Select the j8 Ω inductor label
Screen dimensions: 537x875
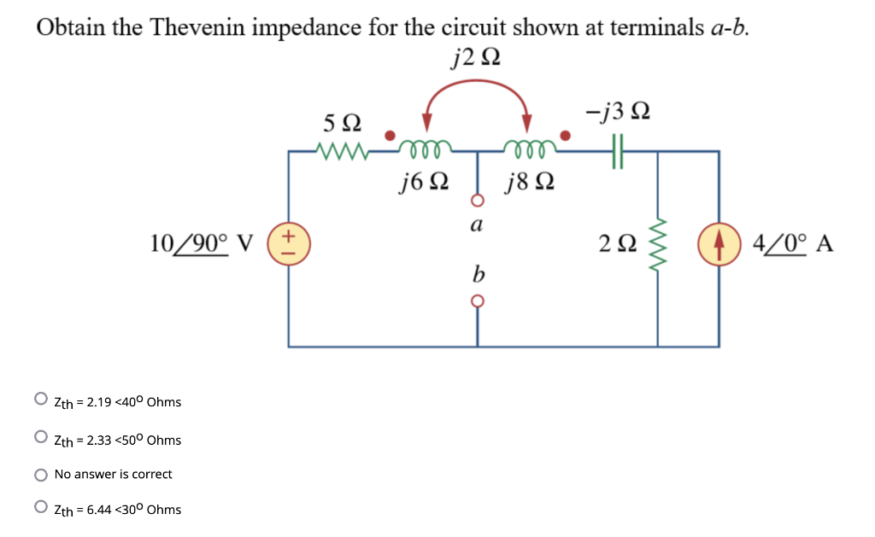pos(530,182)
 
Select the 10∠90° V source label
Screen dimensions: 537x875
pos(202,244)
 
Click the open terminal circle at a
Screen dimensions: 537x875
pos(477,201)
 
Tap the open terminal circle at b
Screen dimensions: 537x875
pos(477,301)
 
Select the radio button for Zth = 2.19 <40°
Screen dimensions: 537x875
pos(41,399)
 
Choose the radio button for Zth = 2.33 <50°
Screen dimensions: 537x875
pos(41,437)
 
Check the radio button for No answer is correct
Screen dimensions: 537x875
pos(41,474)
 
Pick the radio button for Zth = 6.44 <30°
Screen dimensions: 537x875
pos(41,507)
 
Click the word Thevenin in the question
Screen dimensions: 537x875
pos(198,27)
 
